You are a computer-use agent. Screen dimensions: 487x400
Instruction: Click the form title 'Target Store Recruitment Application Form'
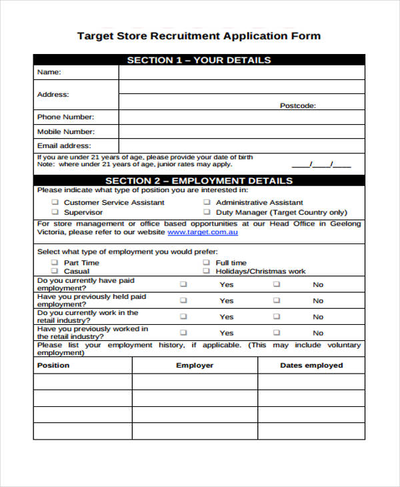coord(199,36)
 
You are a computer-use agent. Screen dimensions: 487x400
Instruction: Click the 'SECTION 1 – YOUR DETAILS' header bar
coord(199,60)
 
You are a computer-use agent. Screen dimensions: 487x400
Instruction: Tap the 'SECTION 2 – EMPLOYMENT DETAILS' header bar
coord(199,181)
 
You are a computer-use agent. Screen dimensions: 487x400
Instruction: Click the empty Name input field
coord(241,72)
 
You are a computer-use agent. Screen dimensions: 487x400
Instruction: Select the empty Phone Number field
coord(241,117)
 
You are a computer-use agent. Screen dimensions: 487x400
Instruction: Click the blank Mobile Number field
coord(241,131)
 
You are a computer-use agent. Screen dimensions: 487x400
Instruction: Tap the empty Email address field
coord(241,145)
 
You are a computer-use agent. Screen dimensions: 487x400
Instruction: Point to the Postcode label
coord(297,105)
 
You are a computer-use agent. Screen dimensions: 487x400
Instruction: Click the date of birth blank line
coord(321,164)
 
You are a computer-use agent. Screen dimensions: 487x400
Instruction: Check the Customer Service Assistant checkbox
coord(55,202)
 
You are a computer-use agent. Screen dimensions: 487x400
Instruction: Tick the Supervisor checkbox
coord(55,212)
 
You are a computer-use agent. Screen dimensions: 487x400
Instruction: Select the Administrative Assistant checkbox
coord(207,202)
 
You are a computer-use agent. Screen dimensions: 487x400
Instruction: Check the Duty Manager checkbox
coord(207,212)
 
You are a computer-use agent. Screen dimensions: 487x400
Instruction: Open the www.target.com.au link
coord(202,232)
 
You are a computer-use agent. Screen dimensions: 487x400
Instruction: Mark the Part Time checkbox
coord(55,263)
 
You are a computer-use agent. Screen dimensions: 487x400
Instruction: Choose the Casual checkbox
coord(55,272)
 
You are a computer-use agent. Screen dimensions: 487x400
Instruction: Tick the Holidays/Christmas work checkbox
coord(207,272)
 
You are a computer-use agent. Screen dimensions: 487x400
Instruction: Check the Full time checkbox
coord(207,263)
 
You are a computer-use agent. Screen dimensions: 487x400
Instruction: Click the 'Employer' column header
coord(195,366)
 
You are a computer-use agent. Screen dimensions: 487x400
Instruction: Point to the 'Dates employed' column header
coord(311,366)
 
